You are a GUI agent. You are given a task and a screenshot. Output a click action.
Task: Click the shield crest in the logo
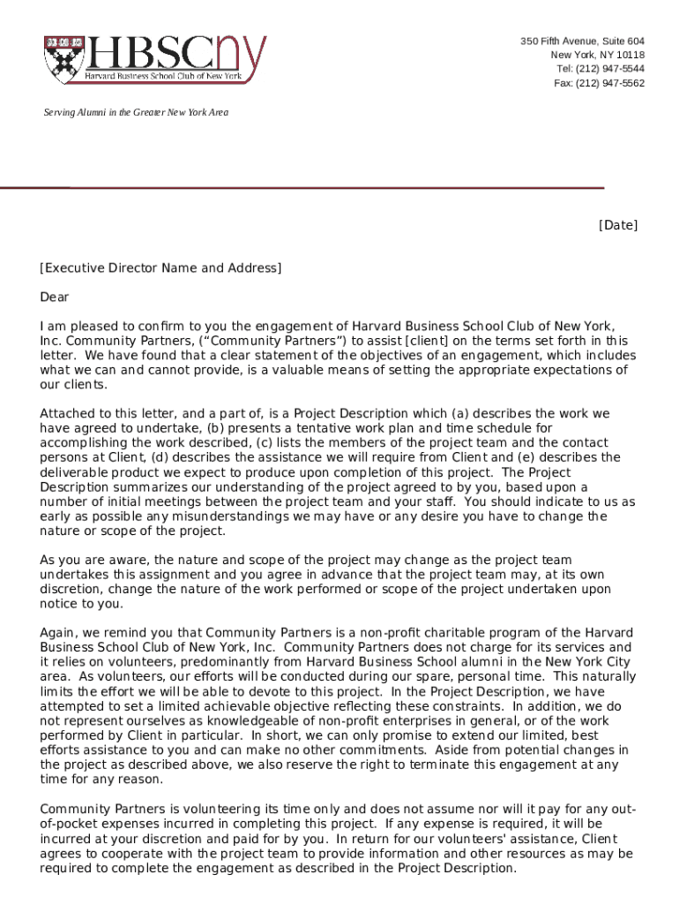[64, 59]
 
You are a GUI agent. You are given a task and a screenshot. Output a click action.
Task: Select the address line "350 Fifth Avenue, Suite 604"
[582, 42]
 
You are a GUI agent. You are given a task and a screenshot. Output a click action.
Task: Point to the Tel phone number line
[600, 69]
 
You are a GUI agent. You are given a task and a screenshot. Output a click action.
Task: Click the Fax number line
[599, 83]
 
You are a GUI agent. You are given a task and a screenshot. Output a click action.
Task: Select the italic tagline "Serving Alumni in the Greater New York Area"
[137, 113]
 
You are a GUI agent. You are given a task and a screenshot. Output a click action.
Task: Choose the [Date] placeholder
[617, 225]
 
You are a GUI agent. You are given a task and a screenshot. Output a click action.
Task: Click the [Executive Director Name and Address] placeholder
[160, 267]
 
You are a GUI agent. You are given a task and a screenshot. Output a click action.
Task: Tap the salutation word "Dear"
[54, 298]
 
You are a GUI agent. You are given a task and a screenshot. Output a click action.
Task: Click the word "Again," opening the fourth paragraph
[58, 633]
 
